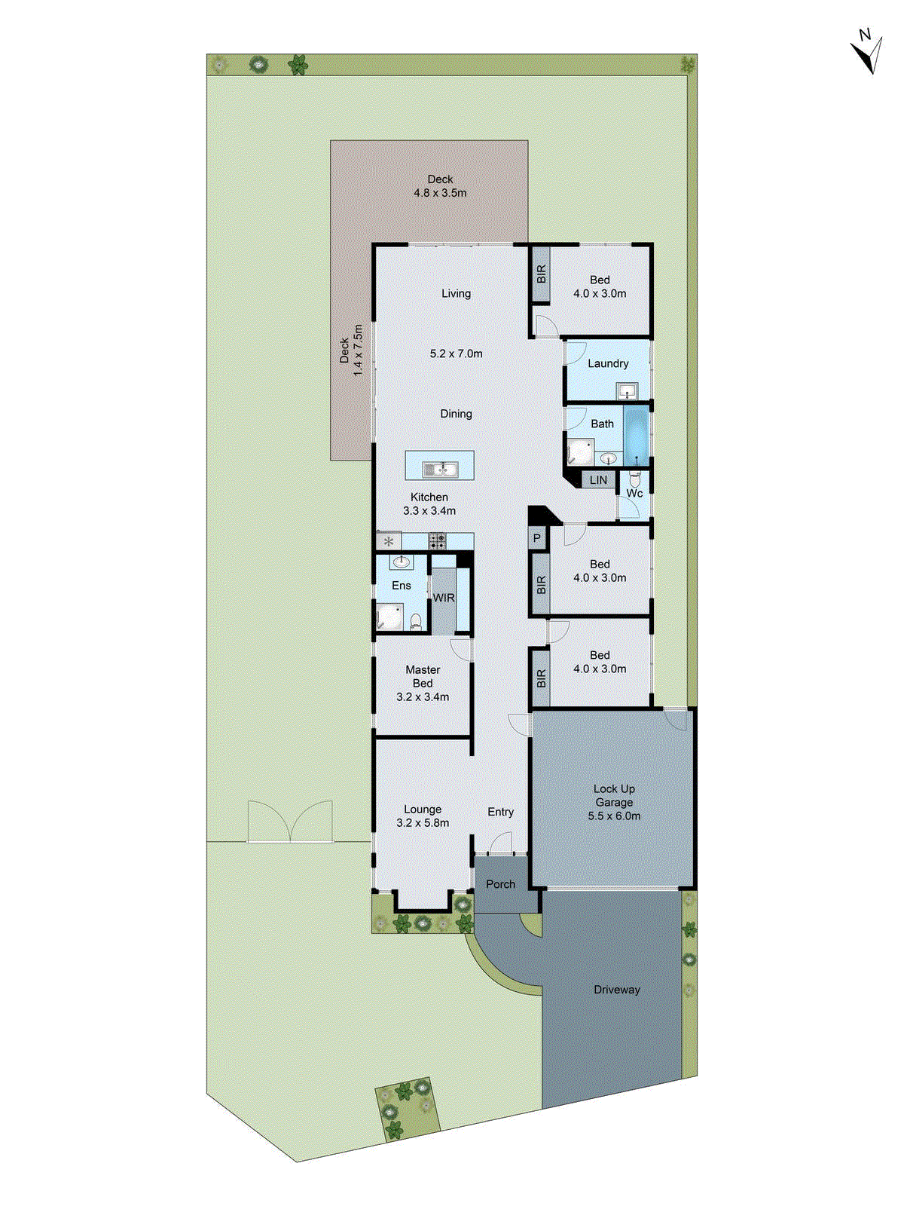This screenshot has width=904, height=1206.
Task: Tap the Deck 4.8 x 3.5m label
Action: (x=440, y=186)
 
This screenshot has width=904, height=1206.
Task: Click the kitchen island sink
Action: (x=440, y=470)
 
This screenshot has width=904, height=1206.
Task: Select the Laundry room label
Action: (x=608, y=363)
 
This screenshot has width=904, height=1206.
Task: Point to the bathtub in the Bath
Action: (x=637, y=436)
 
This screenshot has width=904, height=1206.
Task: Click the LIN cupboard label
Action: (x=598, y=480)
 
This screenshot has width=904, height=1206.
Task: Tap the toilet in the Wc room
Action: (x=635, y=479)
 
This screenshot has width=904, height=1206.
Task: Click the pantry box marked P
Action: (x=537, y=538)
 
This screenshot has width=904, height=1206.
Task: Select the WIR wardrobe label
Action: (x=444, y=598)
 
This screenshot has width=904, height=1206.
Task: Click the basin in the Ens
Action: (x=402, y=562)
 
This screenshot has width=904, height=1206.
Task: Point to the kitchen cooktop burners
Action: (x=437, y=540)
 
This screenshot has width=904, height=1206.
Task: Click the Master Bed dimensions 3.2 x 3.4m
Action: (x=423, y=697)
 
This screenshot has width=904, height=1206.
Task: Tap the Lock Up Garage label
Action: (x=614, y=796)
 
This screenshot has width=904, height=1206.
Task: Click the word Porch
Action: (x=500, y=884)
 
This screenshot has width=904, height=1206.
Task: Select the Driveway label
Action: (x=616, y=990)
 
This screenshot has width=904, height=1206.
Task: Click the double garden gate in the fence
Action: (x=290, y=823)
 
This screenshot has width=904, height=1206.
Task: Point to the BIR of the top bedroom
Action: (x=541, y=274)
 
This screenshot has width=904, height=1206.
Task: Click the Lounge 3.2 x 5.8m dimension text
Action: (x=423, y=823)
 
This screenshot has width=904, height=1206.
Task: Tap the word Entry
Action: (x=500, y=812)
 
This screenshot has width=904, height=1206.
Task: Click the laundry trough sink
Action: (x=627, y=391)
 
